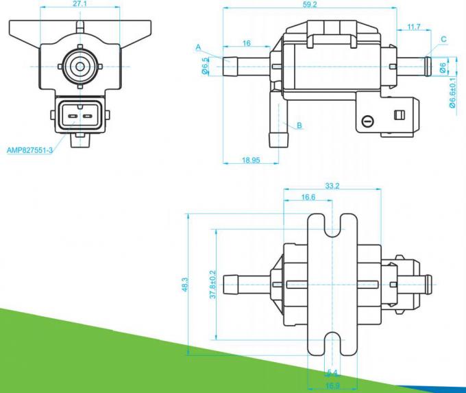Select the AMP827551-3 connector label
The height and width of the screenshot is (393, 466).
[x=29, y=150]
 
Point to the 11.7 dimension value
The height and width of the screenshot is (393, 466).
[x=413, y=27]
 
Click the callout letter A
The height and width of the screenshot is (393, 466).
[x=197, y=47]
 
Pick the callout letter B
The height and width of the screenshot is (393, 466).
[x=299, y=126]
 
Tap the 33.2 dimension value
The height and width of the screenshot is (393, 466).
[x=333, y=185]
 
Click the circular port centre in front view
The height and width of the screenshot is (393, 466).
[x=80, y=67]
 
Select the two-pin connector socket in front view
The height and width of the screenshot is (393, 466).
[x=79, y=116]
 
